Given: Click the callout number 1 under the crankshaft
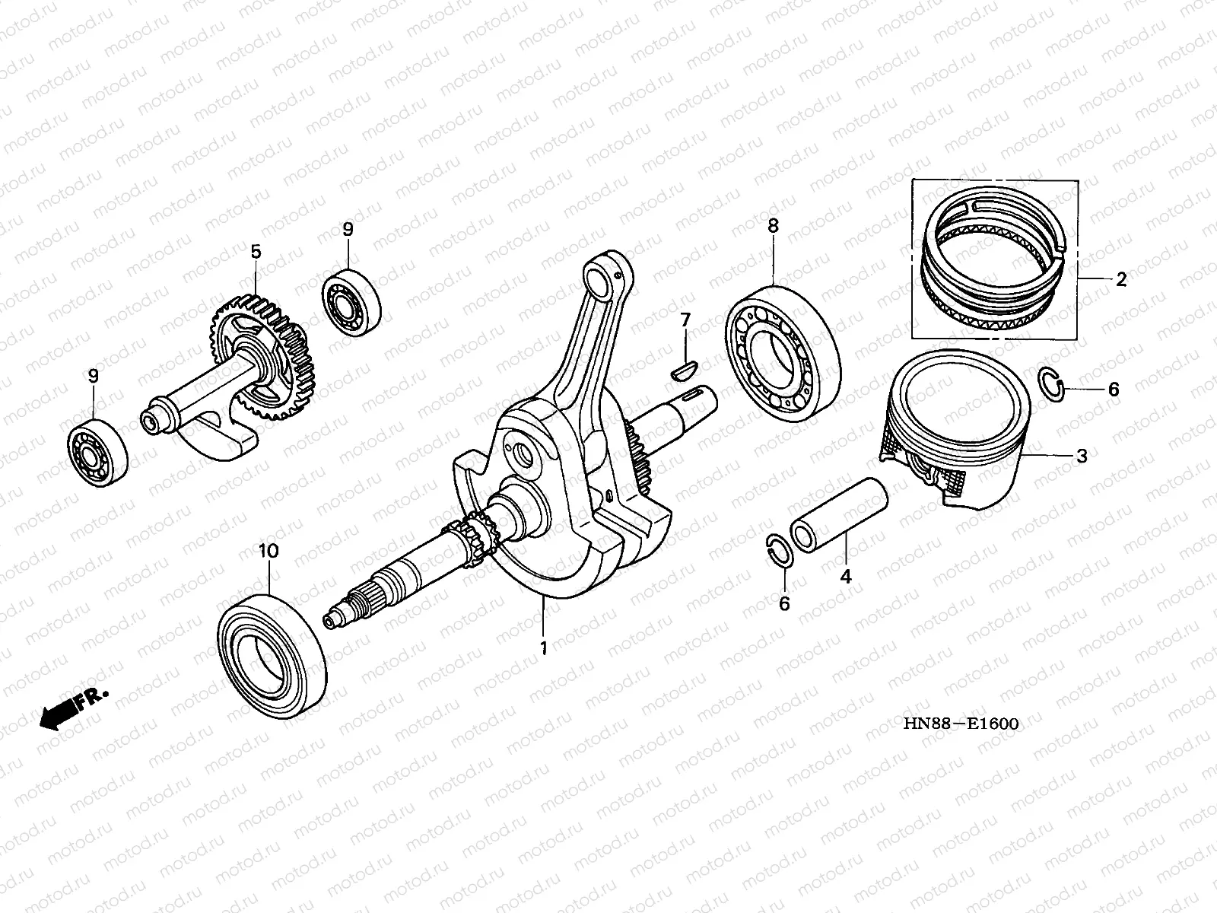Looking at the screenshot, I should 543,647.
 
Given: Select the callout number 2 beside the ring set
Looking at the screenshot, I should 1121,280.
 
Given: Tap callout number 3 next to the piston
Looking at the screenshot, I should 1081,456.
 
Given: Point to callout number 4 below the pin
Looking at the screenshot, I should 845,577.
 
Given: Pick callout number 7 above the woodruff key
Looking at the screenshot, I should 685,320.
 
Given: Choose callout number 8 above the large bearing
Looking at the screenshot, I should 773,226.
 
